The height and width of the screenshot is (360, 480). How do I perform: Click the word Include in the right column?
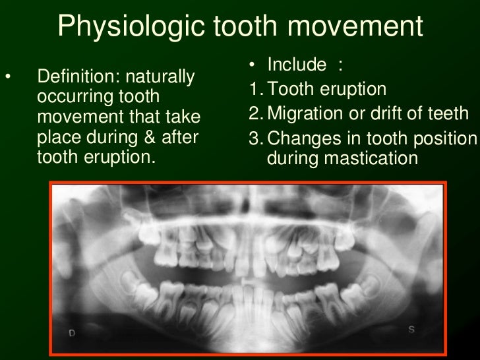point(297,65)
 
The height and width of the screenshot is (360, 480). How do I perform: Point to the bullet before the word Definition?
point(8,78)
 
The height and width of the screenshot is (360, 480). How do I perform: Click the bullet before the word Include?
point(253,65)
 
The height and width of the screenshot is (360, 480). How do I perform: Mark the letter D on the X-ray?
point(72,334)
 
